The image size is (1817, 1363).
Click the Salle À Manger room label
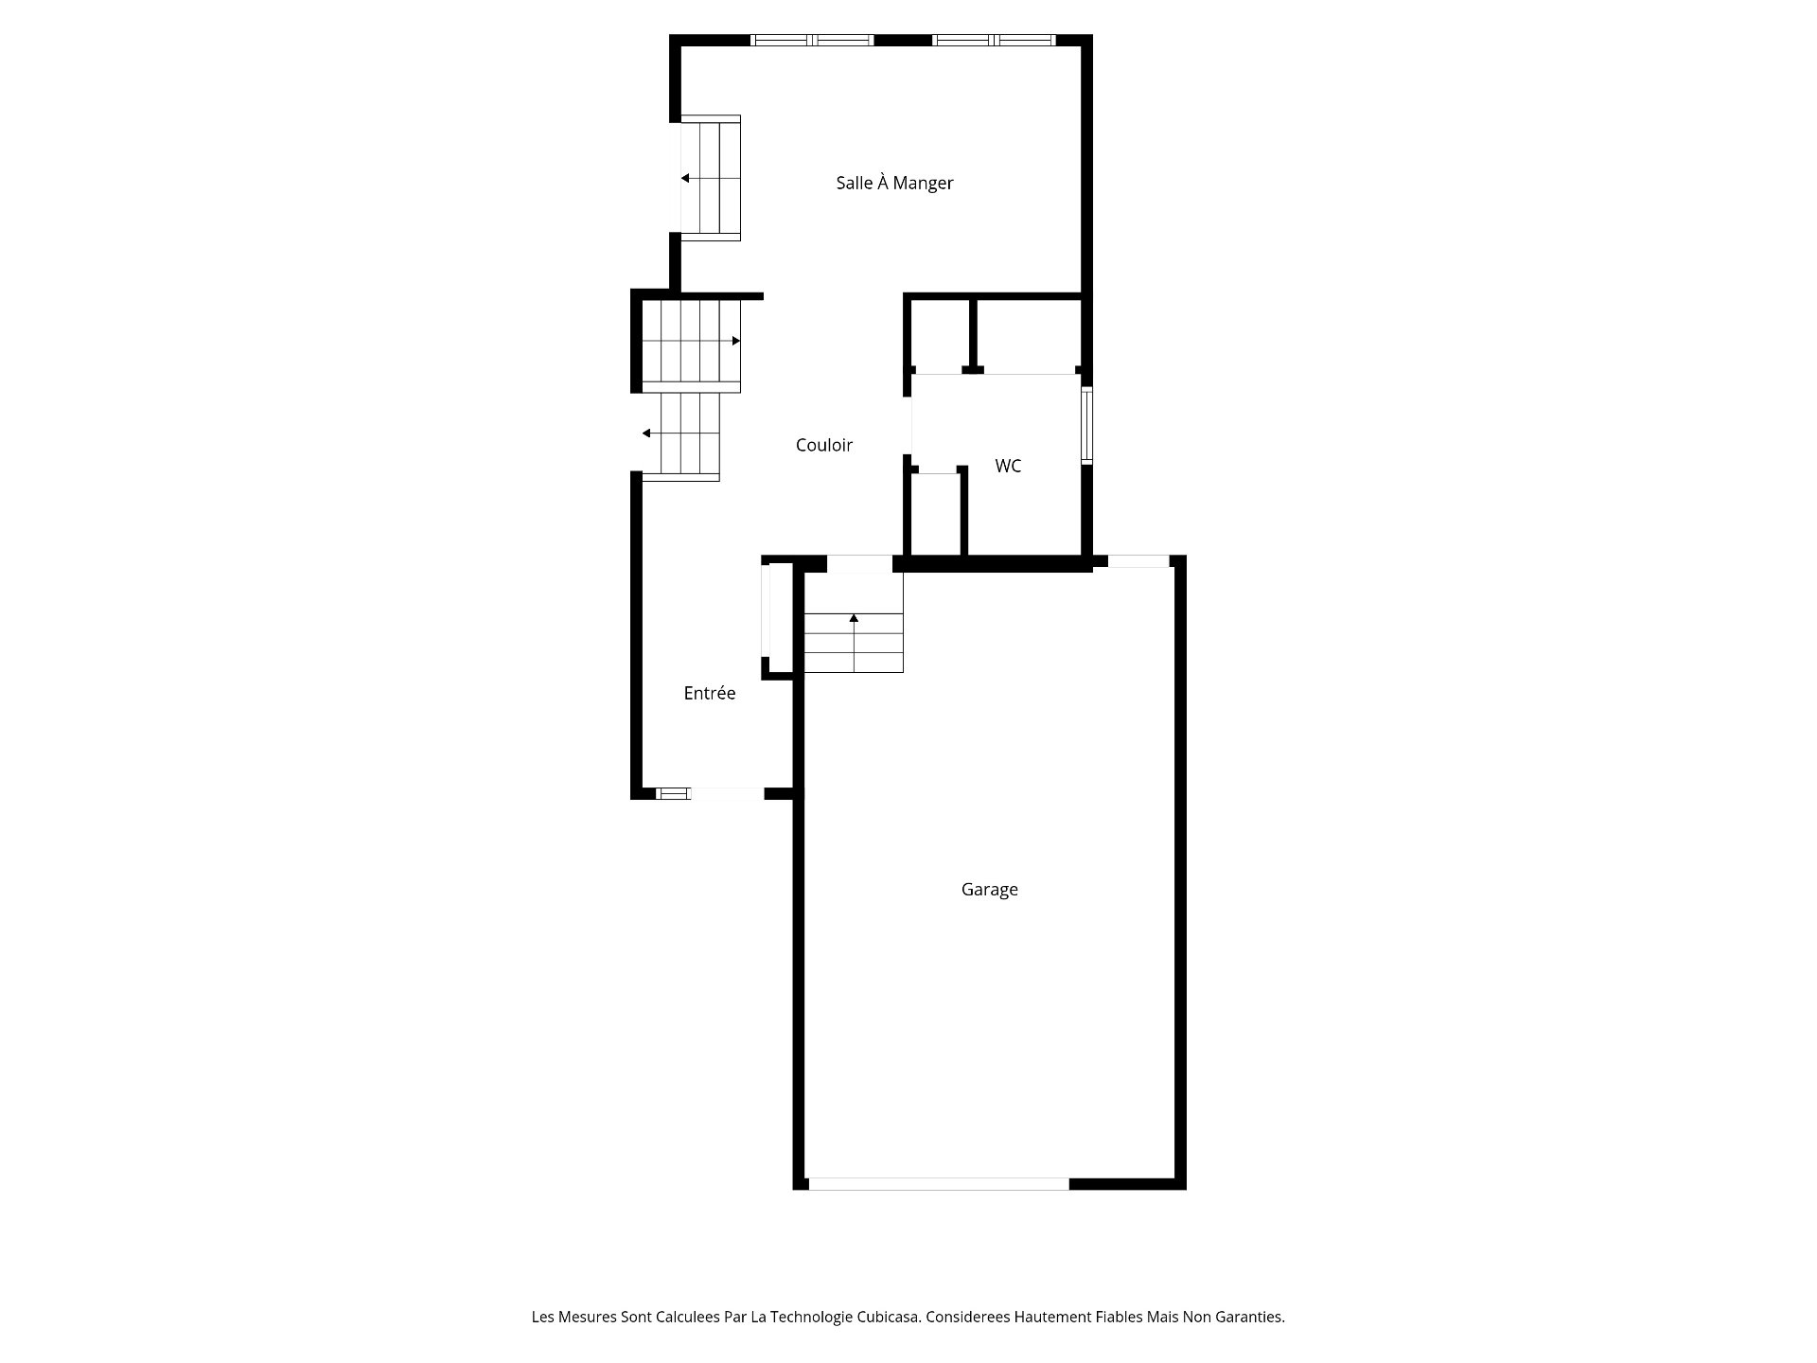click(x=894, y=183)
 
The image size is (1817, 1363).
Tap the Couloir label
click(x=823, y=445)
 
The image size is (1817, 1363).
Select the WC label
click(x=1008, y=466)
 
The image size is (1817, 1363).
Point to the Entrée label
click(x=709, y=693)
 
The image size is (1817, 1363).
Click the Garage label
click(x=989, y=889)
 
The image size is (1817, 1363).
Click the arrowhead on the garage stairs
click(x=854, y=618)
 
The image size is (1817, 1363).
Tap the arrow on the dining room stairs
click(x=685, y=178)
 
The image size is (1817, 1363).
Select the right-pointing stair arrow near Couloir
click(x=735, y=341)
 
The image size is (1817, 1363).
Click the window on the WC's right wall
click(x=1087, y=425)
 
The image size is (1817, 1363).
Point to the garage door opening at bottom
click(x=938, y=1183)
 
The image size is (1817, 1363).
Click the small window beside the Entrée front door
click(x=673, y=793)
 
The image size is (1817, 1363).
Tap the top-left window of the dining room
click(x=812, y=41)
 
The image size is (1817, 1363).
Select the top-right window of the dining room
click(x=993, y=41)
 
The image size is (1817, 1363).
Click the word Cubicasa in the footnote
click(x=889, y=1317)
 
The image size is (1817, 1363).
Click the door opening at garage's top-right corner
click(x=1138, y=561)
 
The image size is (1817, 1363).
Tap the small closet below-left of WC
click(x=935, y=514)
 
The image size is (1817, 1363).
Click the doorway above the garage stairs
click(x=859, y=564)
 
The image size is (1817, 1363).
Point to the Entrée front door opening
click(x=727, y=793)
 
